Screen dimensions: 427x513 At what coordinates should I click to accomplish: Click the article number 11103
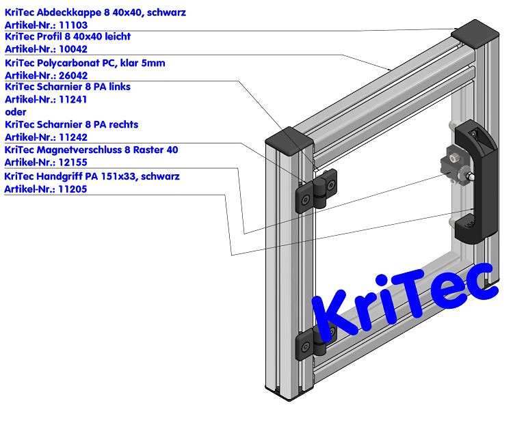(x=73, y=25)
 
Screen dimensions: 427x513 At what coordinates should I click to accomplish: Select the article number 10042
(x=73, y=49)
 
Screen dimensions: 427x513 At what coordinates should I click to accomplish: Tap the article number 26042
(x=73, y=75)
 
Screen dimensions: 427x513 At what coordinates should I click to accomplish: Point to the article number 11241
(x=73, y=99)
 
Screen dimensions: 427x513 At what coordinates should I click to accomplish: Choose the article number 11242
(x=73, y=137)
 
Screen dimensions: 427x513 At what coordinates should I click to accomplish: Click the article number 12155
(x=73, y=163)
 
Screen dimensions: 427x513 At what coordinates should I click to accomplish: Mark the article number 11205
(x=73, y=189)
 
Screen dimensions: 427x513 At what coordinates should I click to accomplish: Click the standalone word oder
(x=16, y=112)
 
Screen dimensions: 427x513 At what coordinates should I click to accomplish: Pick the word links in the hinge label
(x=117, y=87)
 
